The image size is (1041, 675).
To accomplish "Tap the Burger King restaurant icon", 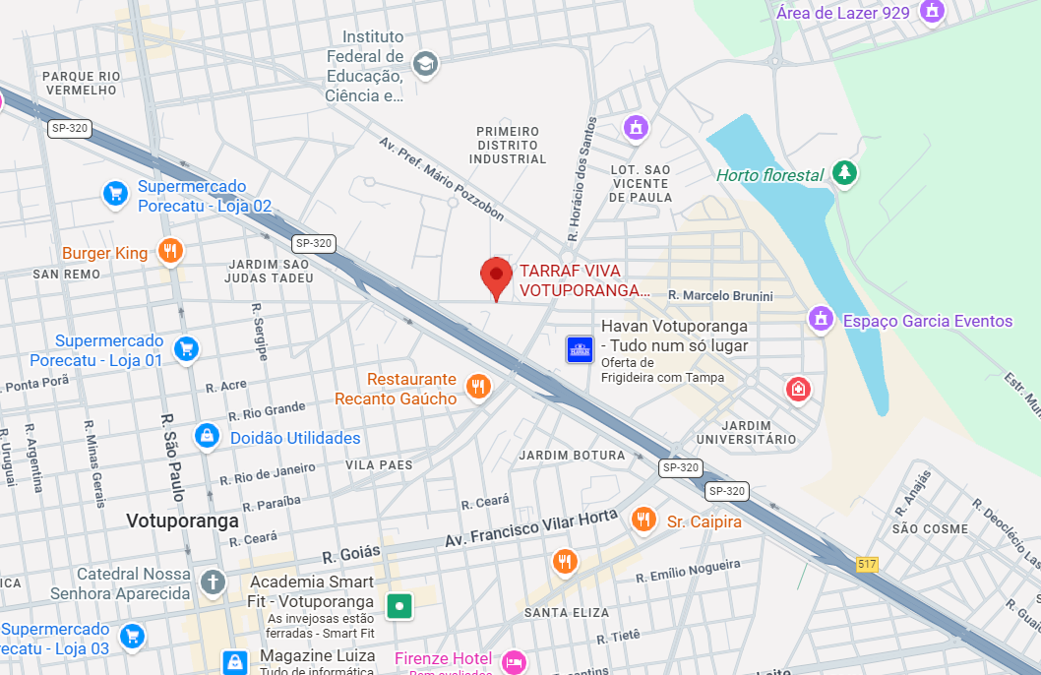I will point(170,252).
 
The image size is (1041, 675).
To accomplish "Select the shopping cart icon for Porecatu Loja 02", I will point(116,194).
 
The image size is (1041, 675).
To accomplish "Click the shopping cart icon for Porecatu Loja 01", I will point(185,348).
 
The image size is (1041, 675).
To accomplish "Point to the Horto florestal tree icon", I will point(843,174).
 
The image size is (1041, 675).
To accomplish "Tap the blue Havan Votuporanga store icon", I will point(580,348).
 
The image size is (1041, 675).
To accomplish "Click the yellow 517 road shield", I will point(866,564).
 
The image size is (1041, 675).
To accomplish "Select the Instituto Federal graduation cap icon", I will point(425,65).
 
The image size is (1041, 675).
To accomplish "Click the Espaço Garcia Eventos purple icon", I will point(821,319).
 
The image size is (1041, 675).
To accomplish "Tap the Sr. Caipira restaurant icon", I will point(643,519).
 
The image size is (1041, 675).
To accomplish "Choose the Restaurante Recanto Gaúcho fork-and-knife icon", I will point(478,387).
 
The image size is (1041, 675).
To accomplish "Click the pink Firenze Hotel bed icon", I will point(513,661).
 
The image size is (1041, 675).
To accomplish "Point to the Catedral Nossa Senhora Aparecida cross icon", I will point(213,582).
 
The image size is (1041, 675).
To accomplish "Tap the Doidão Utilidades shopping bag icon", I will point(207,436).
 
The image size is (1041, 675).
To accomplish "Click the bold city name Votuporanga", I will point(182,521).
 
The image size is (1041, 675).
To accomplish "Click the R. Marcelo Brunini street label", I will point(720,296).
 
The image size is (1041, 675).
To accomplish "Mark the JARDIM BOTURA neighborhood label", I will point(572,456).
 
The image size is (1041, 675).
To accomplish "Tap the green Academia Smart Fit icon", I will point(398,605).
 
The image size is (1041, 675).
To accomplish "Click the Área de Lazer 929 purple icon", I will point(931,12).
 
